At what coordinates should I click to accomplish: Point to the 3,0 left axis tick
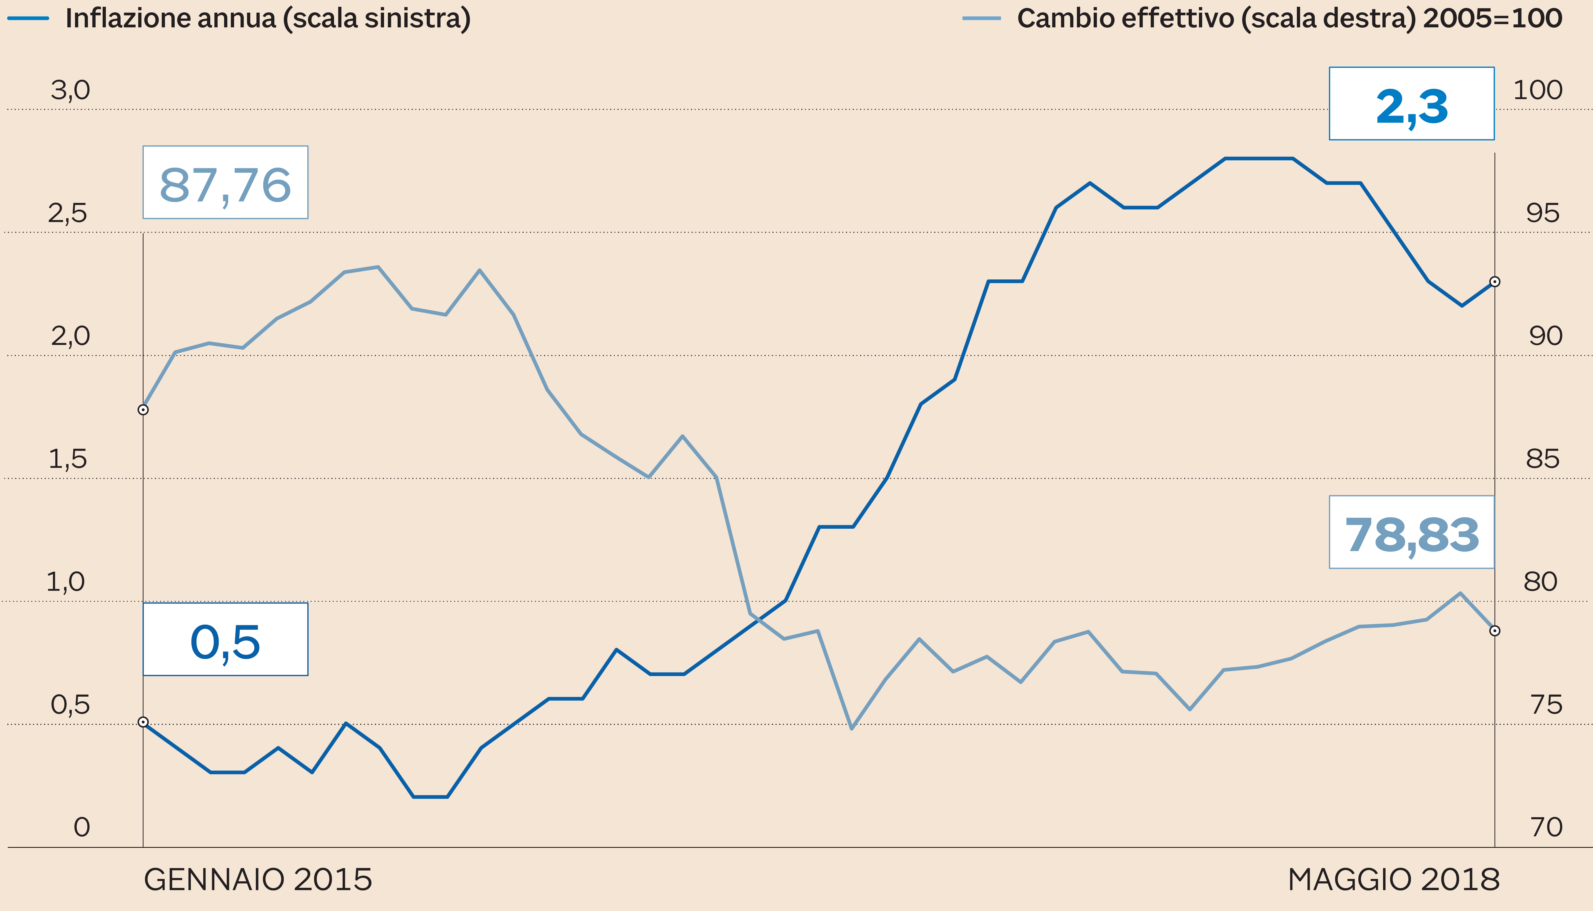click(x=70, y=91)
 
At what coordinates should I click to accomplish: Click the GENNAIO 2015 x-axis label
click(x=258, y=880)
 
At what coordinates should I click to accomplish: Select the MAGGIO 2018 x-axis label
click(x=1393, y=880)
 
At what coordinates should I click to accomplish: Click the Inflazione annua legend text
click(x=268, y=18)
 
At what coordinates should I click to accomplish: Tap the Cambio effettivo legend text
click(x=1289, y=18)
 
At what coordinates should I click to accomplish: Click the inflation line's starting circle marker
click(x=143, y=722)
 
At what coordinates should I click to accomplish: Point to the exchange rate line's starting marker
click(x=143, y=410)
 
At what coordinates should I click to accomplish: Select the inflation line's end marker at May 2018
click(x=1495, y=281)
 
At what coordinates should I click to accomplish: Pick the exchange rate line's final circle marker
click(x=1495, y=631)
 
